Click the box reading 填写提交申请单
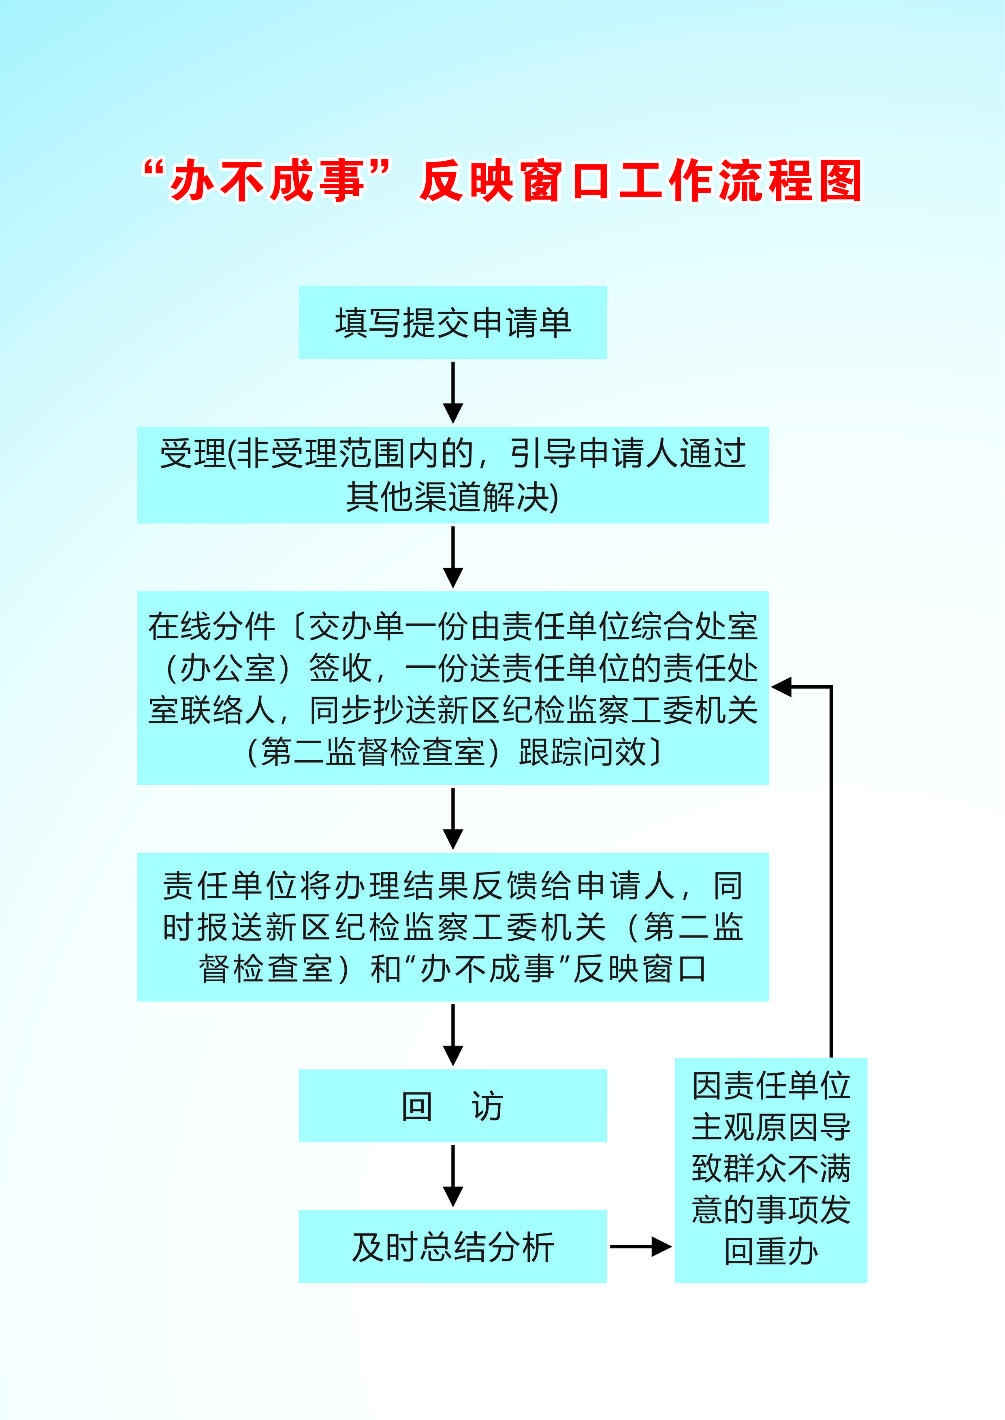click(x=453, y=322)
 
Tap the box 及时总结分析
click(x=453, y=1246)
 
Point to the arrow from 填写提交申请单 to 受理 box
click(x=453, y=393)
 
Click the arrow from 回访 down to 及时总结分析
click(x=453, y=1176)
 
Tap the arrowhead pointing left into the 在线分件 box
click(x=781, y=687)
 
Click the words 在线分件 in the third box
click(x=211, y=627)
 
